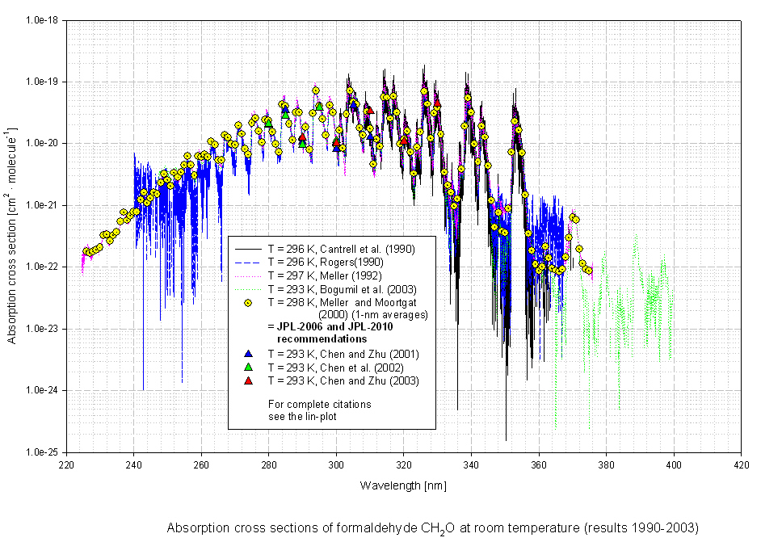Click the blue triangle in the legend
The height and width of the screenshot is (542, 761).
pyautogui.click(x=248, y=355)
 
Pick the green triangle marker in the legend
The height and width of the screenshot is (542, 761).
pyautogui.click(x=248, y=367)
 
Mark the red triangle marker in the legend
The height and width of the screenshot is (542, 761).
pyautogui.click(x=248, y=380)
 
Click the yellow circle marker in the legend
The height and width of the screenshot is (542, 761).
pyautogui.click(x=248, y=302)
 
